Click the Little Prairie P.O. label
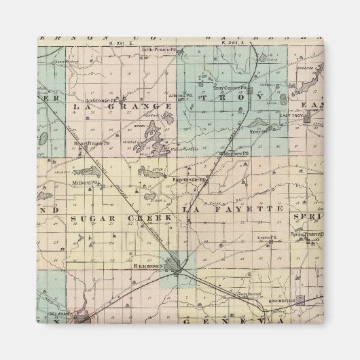pos(159,49)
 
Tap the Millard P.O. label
pos(88,182)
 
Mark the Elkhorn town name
pos(149,266)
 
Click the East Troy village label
pos(291,115)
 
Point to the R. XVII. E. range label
pos(226,42)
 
